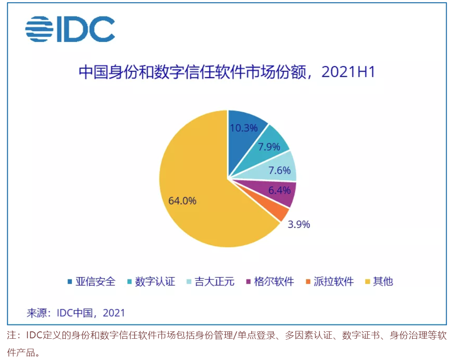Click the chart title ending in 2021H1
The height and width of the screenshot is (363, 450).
[227, 72]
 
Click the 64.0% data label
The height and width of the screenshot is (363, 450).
[182, 201]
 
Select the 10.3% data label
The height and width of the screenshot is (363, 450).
[244, 128]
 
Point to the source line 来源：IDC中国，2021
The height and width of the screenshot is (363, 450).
[76, 312]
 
